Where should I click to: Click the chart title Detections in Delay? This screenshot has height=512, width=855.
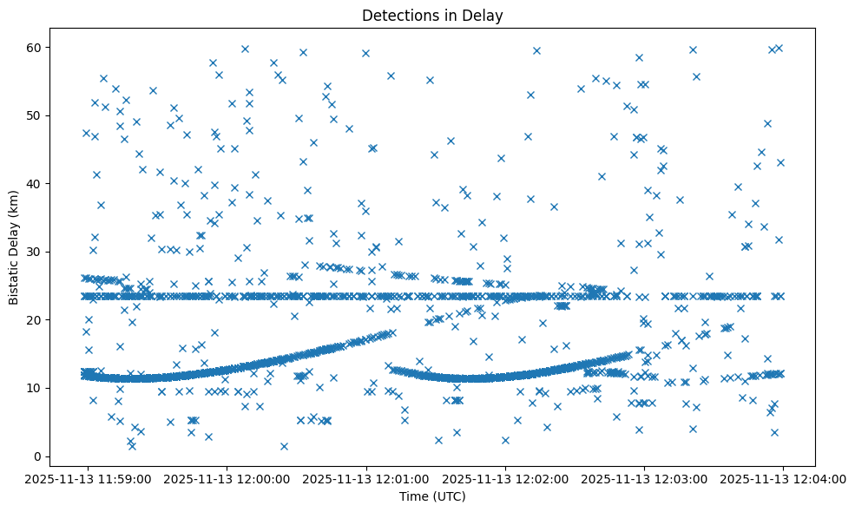tap(432, 16)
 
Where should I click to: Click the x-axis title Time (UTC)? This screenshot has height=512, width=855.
tap(432, 496)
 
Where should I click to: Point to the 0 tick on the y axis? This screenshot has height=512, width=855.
tap(39, 456)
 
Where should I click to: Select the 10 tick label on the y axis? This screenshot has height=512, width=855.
tap(36, 388)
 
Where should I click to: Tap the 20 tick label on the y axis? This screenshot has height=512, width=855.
tap(36, 320)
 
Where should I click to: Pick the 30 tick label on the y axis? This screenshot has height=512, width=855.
tap(36, 252)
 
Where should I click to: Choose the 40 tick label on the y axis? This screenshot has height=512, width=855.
tap(36, 184)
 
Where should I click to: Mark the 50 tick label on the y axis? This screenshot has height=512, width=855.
tap(36, 115)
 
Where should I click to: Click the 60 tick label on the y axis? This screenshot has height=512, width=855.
tap(36, 47)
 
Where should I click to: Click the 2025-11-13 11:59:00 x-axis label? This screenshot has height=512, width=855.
tap(88, 478)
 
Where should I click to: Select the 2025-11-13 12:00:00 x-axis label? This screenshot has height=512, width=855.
tap(227, 478)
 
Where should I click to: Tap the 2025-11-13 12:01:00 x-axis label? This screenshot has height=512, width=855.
tap(366, 478)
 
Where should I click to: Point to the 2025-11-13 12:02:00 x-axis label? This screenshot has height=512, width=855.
tap(505, 478)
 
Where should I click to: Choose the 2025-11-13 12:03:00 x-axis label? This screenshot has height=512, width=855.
tap(644, 478)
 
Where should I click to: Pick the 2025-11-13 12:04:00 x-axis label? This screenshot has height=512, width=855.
tap(783, 478)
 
